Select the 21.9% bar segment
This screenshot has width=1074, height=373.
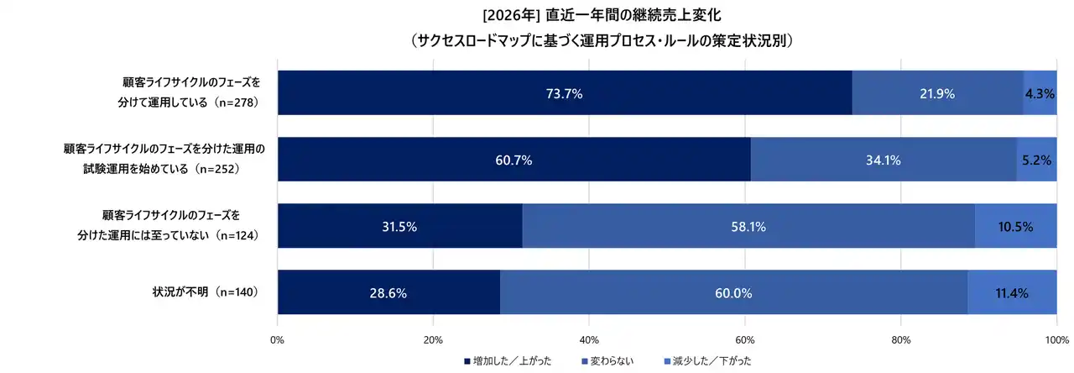tap(937, 93)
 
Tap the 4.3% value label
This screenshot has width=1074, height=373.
tap(1040, 93)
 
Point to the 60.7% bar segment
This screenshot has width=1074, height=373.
tap(514, 160)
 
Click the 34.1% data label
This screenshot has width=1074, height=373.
tap(883, 160)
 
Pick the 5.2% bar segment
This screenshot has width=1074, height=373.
tap(1036, 160)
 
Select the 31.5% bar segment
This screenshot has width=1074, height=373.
tap(399, 226)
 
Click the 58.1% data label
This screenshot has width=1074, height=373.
tap(748, 226)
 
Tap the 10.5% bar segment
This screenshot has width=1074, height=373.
tap(1015, 226)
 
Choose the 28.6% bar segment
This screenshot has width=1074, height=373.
tap(388, 292)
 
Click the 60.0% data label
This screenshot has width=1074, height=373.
tap(733, 292)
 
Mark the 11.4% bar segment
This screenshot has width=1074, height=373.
tap(1012, 292)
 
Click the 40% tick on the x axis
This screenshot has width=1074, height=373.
tap(589, 340)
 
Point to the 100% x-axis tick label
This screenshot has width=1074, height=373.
tap(1056, 340)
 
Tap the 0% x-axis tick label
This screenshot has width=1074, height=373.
tap(278, 340)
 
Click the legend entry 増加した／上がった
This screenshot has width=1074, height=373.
tap(508, 361)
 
